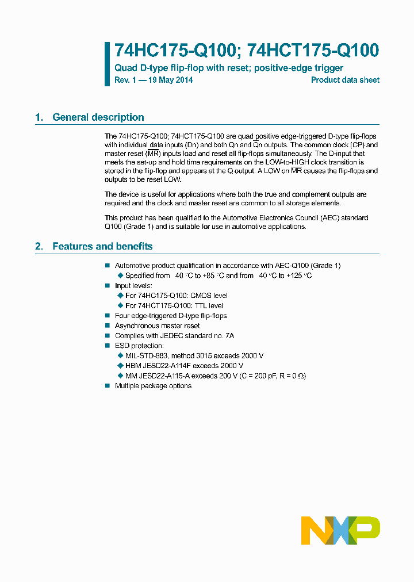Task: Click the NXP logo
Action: [340, 530]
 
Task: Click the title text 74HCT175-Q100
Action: [313, 51]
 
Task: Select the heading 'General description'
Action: [98, 117]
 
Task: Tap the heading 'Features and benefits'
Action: [102, 246]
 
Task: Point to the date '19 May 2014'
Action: [171, 80]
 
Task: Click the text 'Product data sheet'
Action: [345, 80]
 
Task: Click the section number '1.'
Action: [39, 117]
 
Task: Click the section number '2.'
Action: [39, 246]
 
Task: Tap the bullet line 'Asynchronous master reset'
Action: [157, 326]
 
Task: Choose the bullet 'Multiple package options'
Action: [153, 385]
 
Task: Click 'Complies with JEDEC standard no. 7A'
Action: [174, 335]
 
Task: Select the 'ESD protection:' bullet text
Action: [139, 346]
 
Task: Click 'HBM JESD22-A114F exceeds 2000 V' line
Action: [184, 365]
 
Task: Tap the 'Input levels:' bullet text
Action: [134, 285]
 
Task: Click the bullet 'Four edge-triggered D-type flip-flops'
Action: [171, 316]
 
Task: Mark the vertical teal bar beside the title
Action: [107, 64]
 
